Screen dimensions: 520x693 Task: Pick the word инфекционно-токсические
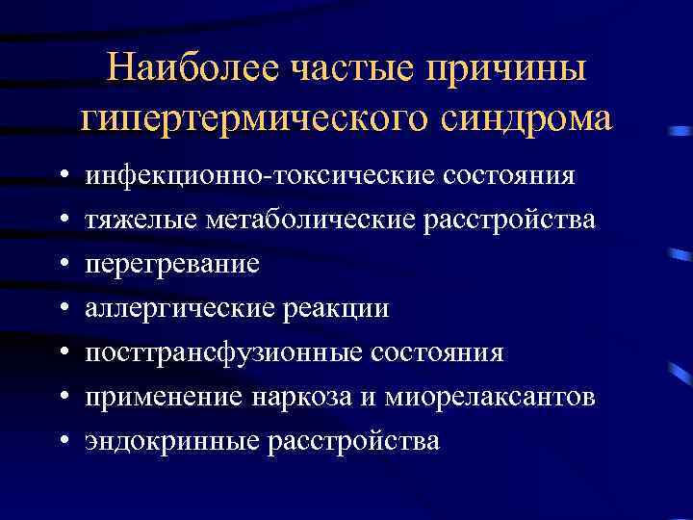pos(262,176)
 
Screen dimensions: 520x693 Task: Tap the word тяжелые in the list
pos(141,221)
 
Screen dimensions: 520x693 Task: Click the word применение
pos(158,398)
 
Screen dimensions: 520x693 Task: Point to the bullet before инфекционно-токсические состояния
pos(62,177)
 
